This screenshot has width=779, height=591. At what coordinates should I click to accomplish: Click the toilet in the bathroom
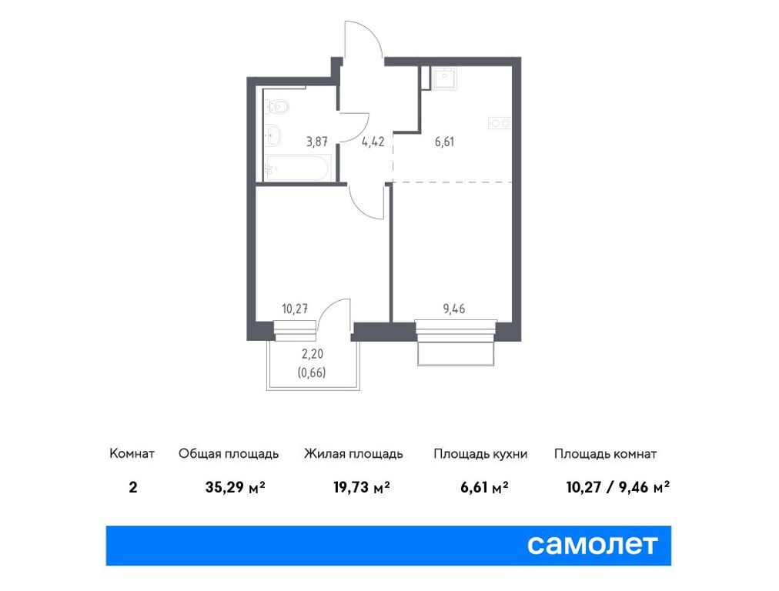click(x=276, y=105)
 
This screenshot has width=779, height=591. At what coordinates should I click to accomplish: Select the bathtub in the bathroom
click(x=297, y=168)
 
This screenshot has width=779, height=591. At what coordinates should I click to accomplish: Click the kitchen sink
click(x=444, y=78)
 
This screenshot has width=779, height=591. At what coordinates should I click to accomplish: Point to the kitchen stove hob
click(x=500, y=122)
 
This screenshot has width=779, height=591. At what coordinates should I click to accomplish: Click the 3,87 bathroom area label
click(x=316, y=142)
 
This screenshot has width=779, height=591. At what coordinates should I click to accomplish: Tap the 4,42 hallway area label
click(x=373, y=142)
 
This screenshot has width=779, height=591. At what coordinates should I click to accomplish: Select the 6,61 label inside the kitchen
click(x=444, y=142)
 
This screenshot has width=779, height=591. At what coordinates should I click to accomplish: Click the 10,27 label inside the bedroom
click(x=295, y=309)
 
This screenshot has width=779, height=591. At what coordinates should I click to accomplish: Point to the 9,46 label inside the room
click(x=454, y=309)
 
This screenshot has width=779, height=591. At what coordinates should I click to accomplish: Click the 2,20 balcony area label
click(x=313, y=354)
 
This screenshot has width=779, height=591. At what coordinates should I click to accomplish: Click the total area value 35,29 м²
click(x=235, y=487)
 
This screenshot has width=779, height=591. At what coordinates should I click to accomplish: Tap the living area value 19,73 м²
click(x=361, y=487)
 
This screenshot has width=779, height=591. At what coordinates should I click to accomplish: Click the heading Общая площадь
click(x=229, y=454)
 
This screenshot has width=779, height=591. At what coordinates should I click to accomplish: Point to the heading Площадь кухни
click(x=480, y=454)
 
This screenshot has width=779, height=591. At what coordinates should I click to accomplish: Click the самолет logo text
click(x=592, y=545)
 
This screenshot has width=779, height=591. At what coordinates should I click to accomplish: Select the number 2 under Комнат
click(x=132, y=487)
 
